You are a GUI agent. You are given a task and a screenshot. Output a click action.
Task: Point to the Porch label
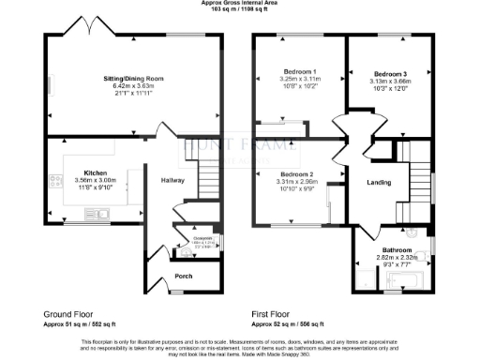(x=184, y=277)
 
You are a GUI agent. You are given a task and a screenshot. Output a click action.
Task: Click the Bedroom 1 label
(x=300, y=72)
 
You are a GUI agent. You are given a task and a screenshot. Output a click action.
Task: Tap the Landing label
(x=379, y=182)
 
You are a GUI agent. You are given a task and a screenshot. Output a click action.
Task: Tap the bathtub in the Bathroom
(x=397, y=280)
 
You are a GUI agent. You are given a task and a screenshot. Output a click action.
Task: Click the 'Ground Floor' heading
(x=68, y=312)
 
